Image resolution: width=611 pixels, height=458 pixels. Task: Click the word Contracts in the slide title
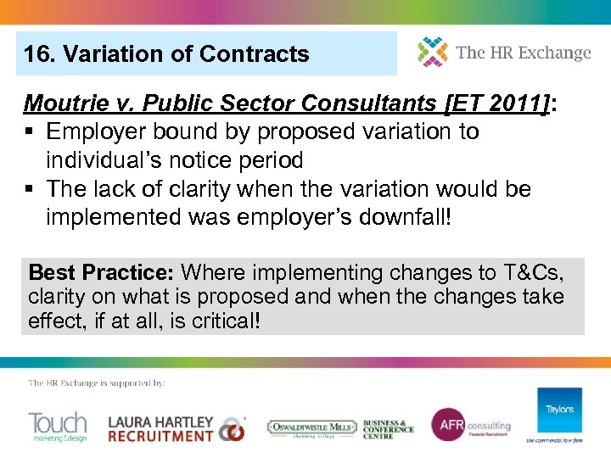tap(254, 54)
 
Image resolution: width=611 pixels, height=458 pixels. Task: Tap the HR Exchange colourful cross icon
tap(432, 52)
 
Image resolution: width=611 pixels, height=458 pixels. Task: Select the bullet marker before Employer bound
tap(31, 132)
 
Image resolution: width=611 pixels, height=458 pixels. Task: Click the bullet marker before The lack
tap(31, 189)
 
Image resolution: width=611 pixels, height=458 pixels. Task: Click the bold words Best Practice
tap(101, 273)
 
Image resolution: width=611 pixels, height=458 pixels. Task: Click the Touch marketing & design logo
tap(58, 427)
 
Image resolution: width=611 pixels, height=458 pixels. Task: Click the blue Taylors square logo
tap(559, 411)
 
